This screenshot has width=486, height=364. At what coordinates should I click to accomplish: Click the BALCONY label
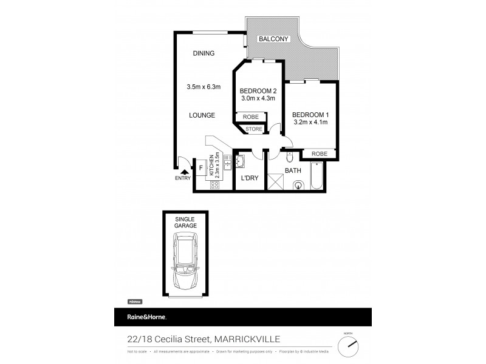click(275, 39)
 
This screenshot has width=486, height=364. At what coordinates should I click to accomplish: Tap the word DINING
click(204, 53)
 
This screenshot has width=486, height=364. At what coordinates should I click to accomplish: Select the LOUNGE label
click(201, 115)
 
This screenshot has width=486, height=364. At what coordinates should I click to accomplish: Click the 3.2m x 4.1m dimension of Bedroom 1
click(310, 122)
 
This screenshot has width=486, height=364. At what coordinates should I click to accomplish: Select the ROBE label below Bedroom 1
click(319, 154)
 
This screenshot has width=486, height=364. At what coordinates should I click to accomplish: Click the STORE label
click(254, 129)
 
